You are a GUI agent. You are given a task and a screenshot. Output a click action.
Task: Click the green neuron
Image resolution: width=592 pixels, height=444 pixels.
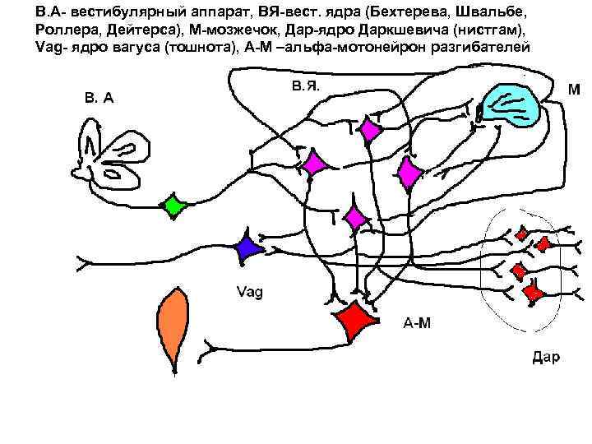click(173, 206)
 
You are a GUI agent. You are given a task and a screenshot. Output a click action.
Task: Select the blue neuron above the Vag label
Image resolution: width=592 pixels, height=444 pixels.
click(247, 250)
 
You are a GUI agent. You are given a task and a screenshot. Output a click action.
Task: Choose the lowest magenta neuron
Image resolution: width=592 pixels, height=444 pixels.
click(356, 218)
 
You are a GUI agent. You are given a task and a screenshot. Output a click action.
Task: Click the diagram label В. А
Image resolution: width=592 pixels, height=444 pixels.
click(99, 98)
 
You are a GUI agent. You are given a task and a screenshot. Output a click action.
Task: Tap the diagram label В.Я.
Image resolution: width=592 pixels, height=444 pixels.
click(305, 84)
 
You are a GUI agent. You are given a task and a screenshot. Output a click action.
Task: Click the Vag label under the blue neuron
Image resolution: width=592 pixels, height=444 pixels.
click(249, 292)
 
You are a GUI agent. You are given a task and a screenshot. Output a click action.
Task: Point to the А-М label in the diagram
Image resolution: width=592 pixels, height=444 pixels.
click(416, 322)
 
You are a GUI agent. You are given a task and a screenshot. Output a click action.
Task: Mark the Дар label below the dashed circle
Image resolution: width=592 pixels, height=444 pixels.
click(546, 357)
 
